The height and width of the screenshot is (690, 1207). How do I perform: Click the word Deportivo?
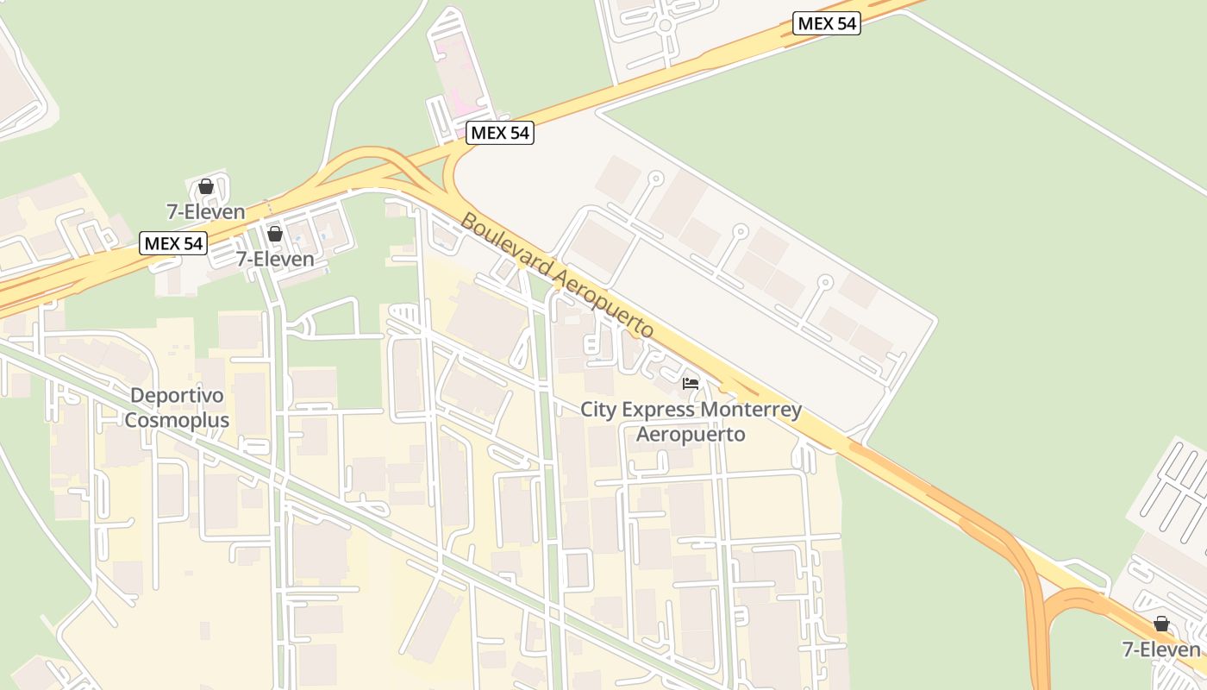tap(178, 397)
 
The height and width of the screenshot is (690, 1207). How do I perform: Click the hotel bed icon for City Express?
tap(691, 383)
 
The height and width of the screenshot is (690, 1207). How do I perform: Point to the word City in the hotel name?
tap(597, 410)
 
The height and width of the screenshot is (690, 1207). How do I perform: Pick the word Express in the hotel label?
tap(660, 410)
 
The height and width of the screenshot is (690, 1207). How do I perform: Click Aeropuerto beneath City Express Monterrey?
tap(691, 434)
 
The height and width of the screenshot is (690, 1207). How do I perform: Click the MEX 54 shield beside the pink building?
tap(500, 134)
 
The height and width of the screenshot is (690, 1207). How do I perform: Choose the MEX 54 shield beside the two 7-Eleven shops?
tap(173, 244)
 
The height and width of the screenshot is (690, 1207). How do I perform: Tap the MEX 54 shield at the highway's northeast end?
tap(827, 24)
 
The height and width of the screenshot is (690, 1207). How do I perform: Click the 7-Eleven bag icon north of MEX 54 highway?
tap(206, 186)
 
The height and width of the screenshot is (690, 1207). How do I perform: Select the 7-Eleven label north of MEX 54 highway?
tap(206, 211)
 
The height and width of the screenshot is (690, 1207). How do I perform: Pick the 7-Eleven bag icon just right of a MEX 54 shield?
tap(275, 234)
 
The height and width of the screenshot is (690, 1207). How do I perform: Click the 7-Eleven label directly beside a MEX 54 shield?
tap(275, 259)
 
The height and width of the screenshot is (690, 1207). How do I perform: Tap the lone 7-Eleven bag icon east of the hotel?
tap(1161, 624)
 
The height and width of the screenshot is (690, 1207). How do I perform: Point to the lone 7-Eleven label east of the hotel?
tap(1161, 649)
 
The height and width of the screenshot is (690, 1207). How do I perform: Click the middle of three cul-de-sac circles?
tap(740, 231)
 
